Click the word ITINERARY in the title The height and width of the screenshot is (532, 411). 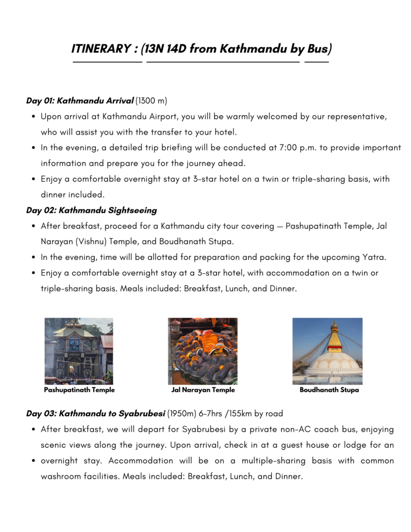click(x=101, y=49)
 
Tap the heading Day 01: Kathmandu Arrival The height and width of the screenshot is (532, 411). click(x=80, y=100)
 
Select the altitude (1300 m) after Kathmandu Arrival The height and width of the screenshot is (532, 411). click(x=151, y=100)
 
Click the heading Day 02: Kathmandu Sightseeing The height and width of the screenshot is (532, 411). click(x=91, y=210)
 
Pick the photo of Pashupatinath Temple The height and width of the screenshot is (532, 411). click(x=79, y=351)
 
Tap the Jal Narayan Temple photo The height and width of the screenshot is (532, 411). click(x=203, y=351)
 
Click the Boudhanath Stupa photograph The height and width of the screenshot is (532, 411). click(x=327, y=351)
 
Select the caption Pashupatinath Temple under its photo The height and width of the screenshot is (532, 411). click(x=79, y=390)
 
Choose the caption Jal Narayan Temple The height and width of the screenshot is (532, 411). click(x=203, y=390)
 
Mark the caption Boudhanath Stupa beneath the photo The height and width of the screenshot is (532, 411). click(x=329, y=390)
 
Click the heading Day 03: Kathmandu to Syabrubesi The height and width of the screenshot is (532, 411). click(x=96, y=414)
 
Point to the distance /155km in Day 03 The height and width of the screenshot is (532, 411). click(x=236, y=414)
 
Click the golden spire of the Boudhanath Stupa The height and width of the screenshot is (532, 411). click(x=334, y=338)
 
